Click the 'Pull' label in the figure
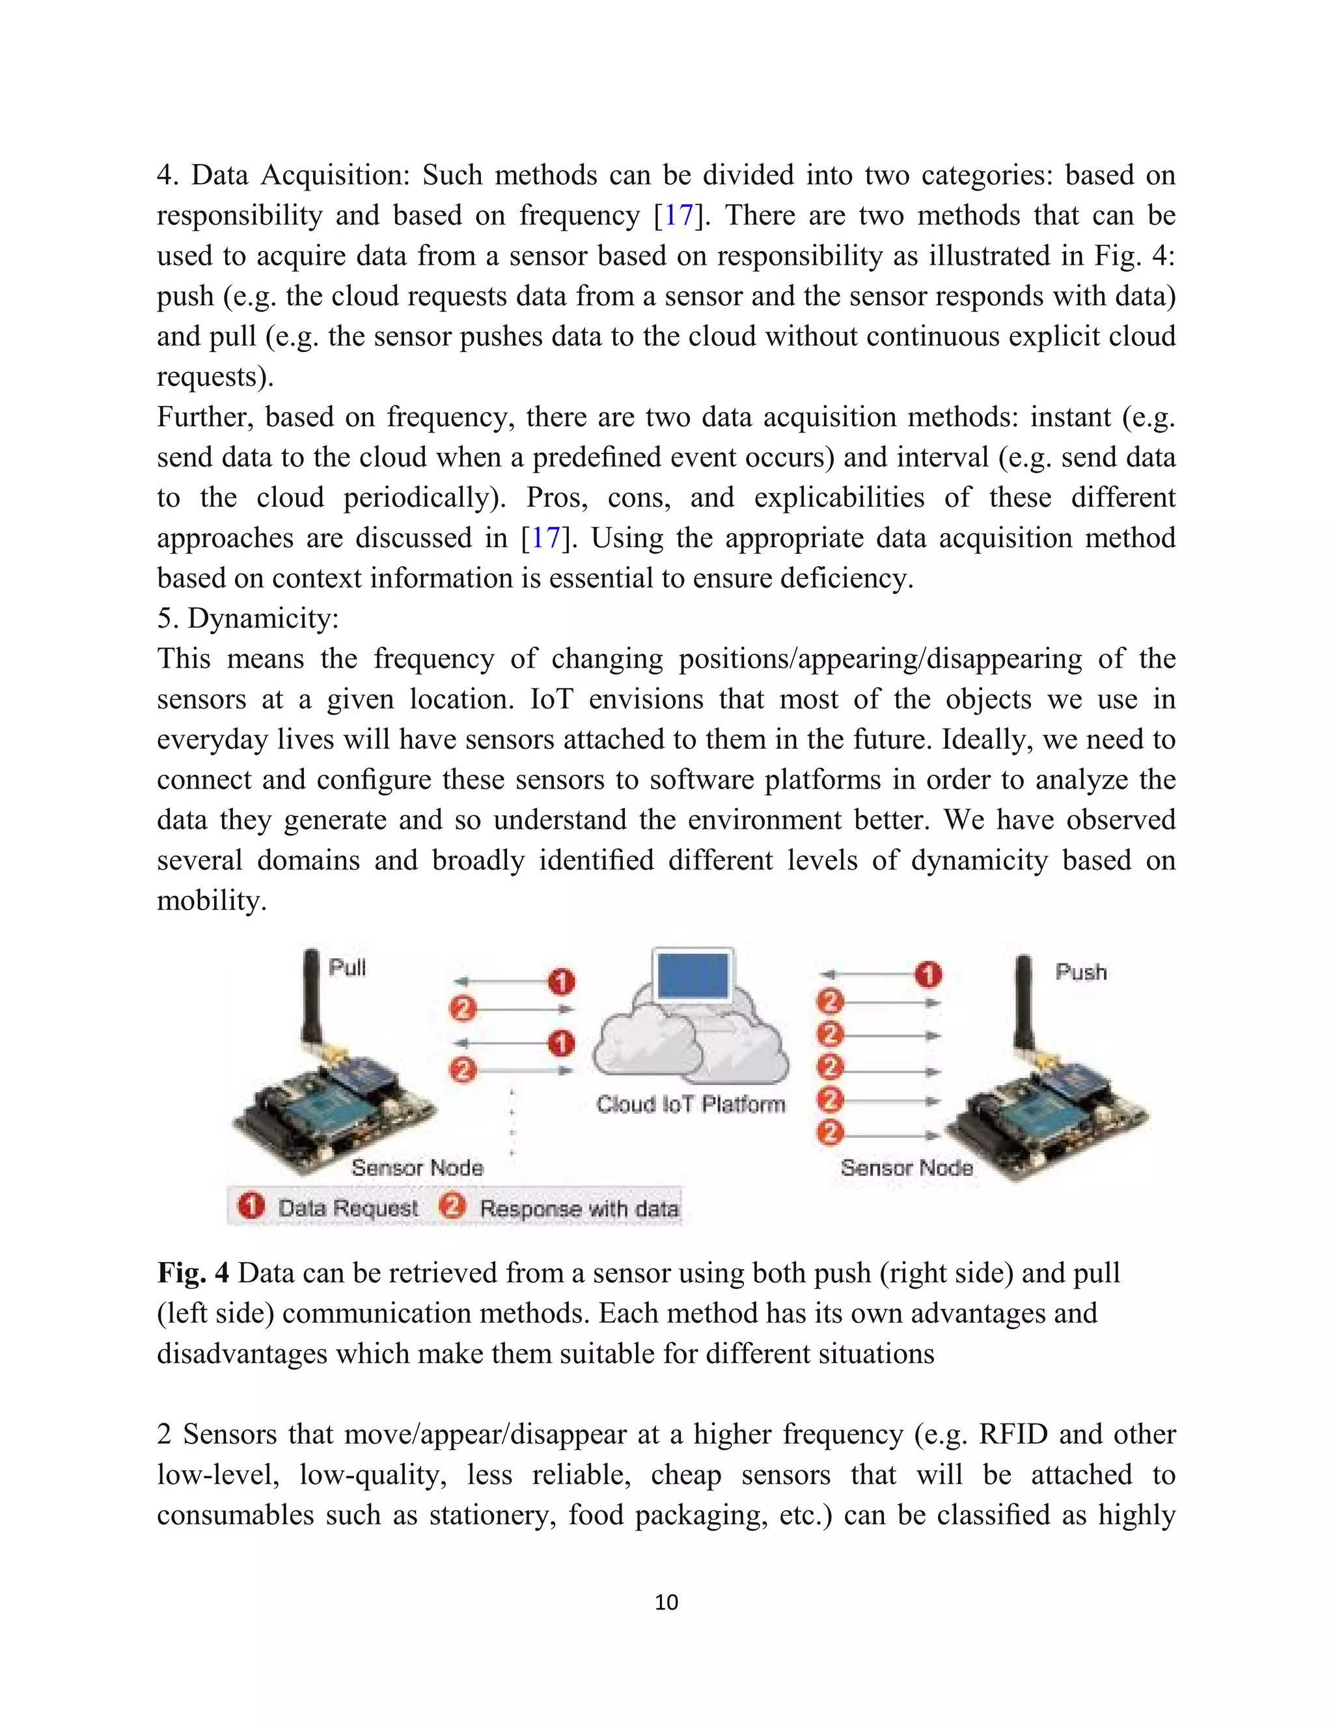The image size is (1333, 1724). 347,968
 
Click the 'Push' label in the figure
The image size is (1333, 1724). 1081,973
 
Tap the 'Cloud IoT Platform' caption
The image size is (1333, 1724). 691,1105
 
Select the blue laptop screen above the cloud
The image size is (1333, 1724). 693,976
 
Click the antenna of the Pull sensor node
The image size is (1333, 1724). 311,999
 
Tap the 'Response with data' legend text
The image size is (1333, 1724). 579,1209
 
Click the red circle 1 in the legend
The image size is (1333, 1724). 251,1206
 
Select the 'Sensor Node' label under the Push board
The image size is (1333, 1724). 907,1168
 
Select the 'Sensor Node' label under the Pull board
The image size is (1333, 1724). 417,1168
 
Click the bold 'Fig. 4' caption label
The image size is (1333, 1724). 193,1273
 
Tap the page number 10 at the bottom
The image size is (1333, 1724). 666,1602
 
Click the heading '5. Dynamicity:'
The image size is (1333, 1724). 248,618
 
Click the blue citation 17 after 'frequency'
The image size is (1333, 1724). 678,215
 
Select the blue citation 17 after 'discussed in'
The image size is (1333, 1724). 545,539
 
